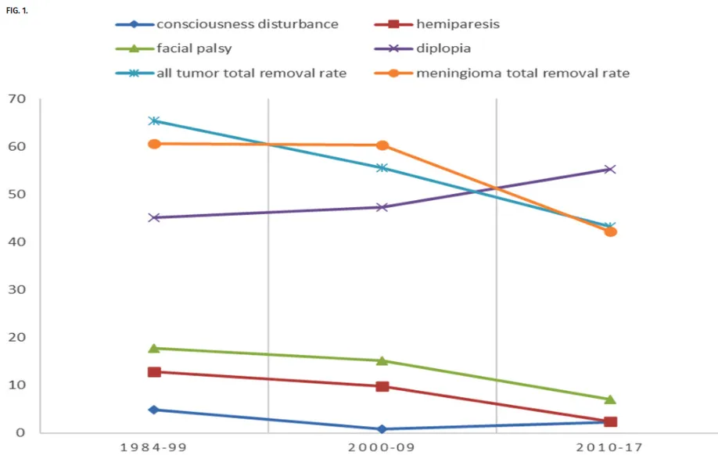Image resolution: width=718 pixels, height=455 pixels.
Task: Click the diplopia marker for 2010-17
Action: tap(610, 169)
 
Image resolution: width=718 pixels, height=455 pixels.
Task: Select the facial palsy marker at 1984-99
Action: tap(154, 348)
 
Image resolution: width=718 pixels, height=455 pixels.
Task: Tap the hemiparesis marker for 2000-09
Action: tap(382, 386)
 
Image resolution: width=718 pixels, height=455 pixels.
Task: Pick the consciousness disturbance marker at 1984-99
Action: tap(154, 410)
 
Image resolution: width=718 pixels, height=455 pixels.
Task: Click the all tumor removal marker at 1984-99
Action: tap(154, 120)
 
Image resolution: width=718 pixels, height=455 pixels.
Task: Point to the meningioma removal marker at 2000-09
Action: tap(382, 145)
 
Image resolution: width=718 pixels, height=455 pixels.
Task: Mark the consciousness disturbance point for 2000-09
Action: tap(382, 429)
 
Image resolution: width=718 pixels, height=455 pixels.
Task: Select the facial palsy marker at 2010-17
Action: tap(610, 399)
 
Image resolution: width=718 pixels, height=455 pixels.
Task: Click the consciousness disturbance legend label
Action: tap(247, 24)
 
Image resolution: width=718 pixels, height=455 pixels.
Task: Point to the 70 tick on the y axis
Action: tap(17, 99)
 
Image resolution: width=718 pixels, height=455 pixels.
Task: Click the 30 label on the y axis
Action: tap(17, 290)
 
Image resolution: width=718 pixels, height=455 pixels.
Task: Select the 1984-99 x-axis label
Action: tap(153, 447)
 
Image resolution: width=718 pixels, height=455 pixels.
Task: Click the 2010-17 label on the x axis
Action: tap(609, 447)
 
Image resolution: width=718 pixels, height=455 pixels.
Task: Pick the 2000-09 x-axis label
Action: tap(382, 447)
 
